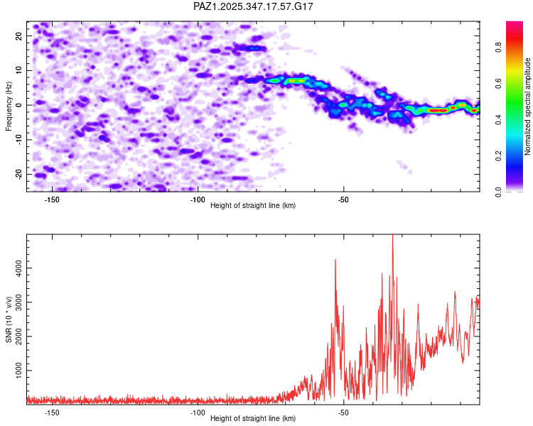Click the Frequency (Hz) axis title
pyautogui.click(x=9, y=106)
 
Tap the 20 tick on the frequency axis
pyautogui.click(x=20, y=35)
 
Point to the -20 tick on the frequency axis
pyautogui.click(x=18, y=174)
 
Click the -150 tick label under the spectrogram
pyautogui.click(x=52, y=200)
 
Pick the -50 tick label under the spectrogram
pyautogui.click(x=343, y=200)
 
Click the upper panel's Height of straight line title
pyautogui.click(x=253, y=206)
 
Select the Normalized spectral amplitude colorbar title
pyautogui.click(x=528, y=106)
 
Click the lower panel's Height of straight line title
pyautogui.click(x=253, y=419)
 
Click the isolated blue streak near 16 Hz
pyautogui.click(x=250, y=48)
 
